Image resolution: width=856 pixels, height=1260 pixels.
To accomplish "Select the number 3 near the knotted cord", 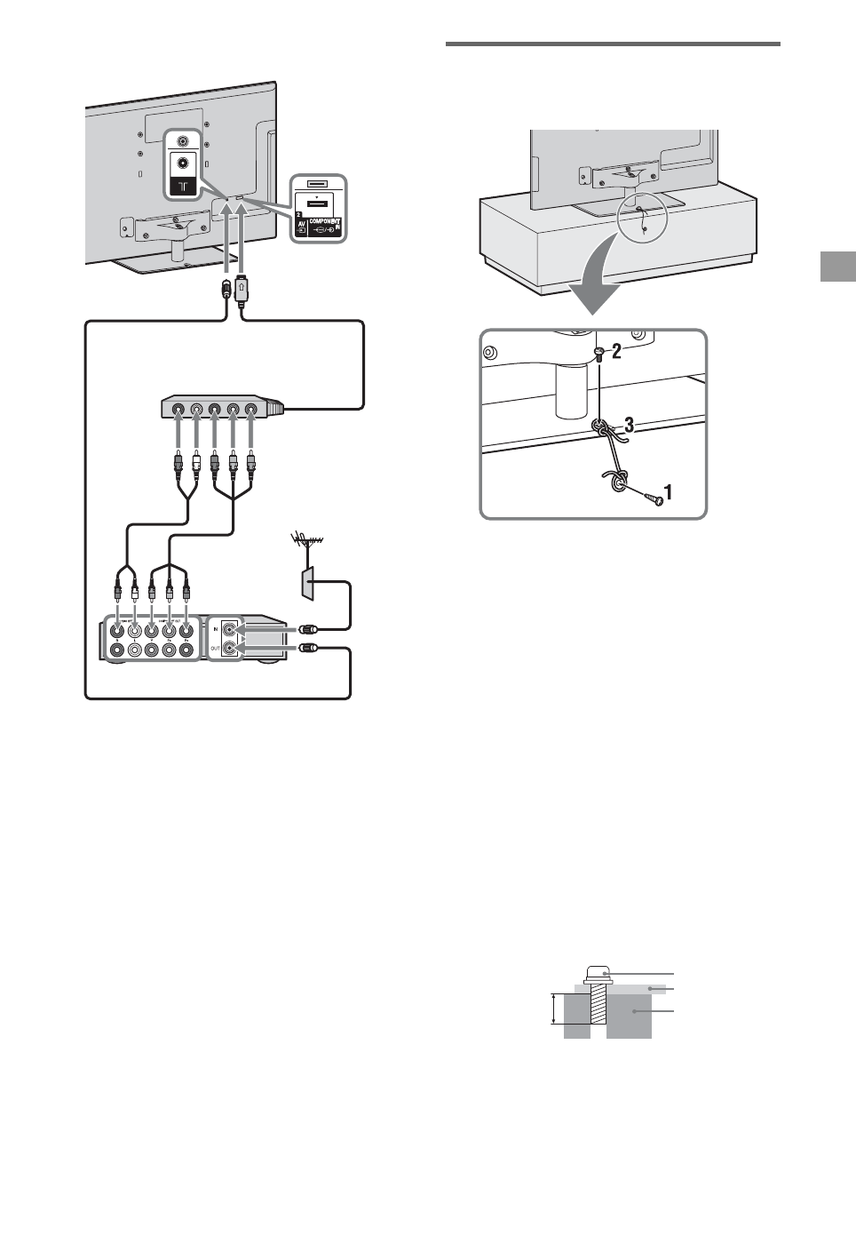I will coord(629,425).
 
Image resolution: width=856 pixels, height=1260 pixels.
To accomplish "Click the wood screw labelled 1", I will coord(654,498).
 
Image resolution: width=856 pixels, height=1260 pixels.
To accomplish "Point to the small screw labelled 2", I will coord(599,353).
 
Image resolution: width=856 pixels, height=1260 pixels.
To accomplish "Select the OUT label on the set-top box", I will coord(216,650).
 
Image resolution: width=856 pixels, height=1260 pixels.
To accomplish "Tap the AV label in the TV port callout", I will coord(301,225).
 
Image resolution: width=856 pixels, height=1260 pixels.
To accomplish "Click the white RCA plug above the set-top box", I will coord(134,590).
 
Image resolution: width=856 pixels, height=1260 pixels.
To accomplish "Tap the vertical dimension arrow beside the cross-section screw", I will coord(554,1009).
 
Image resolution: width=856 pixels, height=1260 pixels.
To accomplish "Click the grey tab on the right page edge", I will coord(837,266).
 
